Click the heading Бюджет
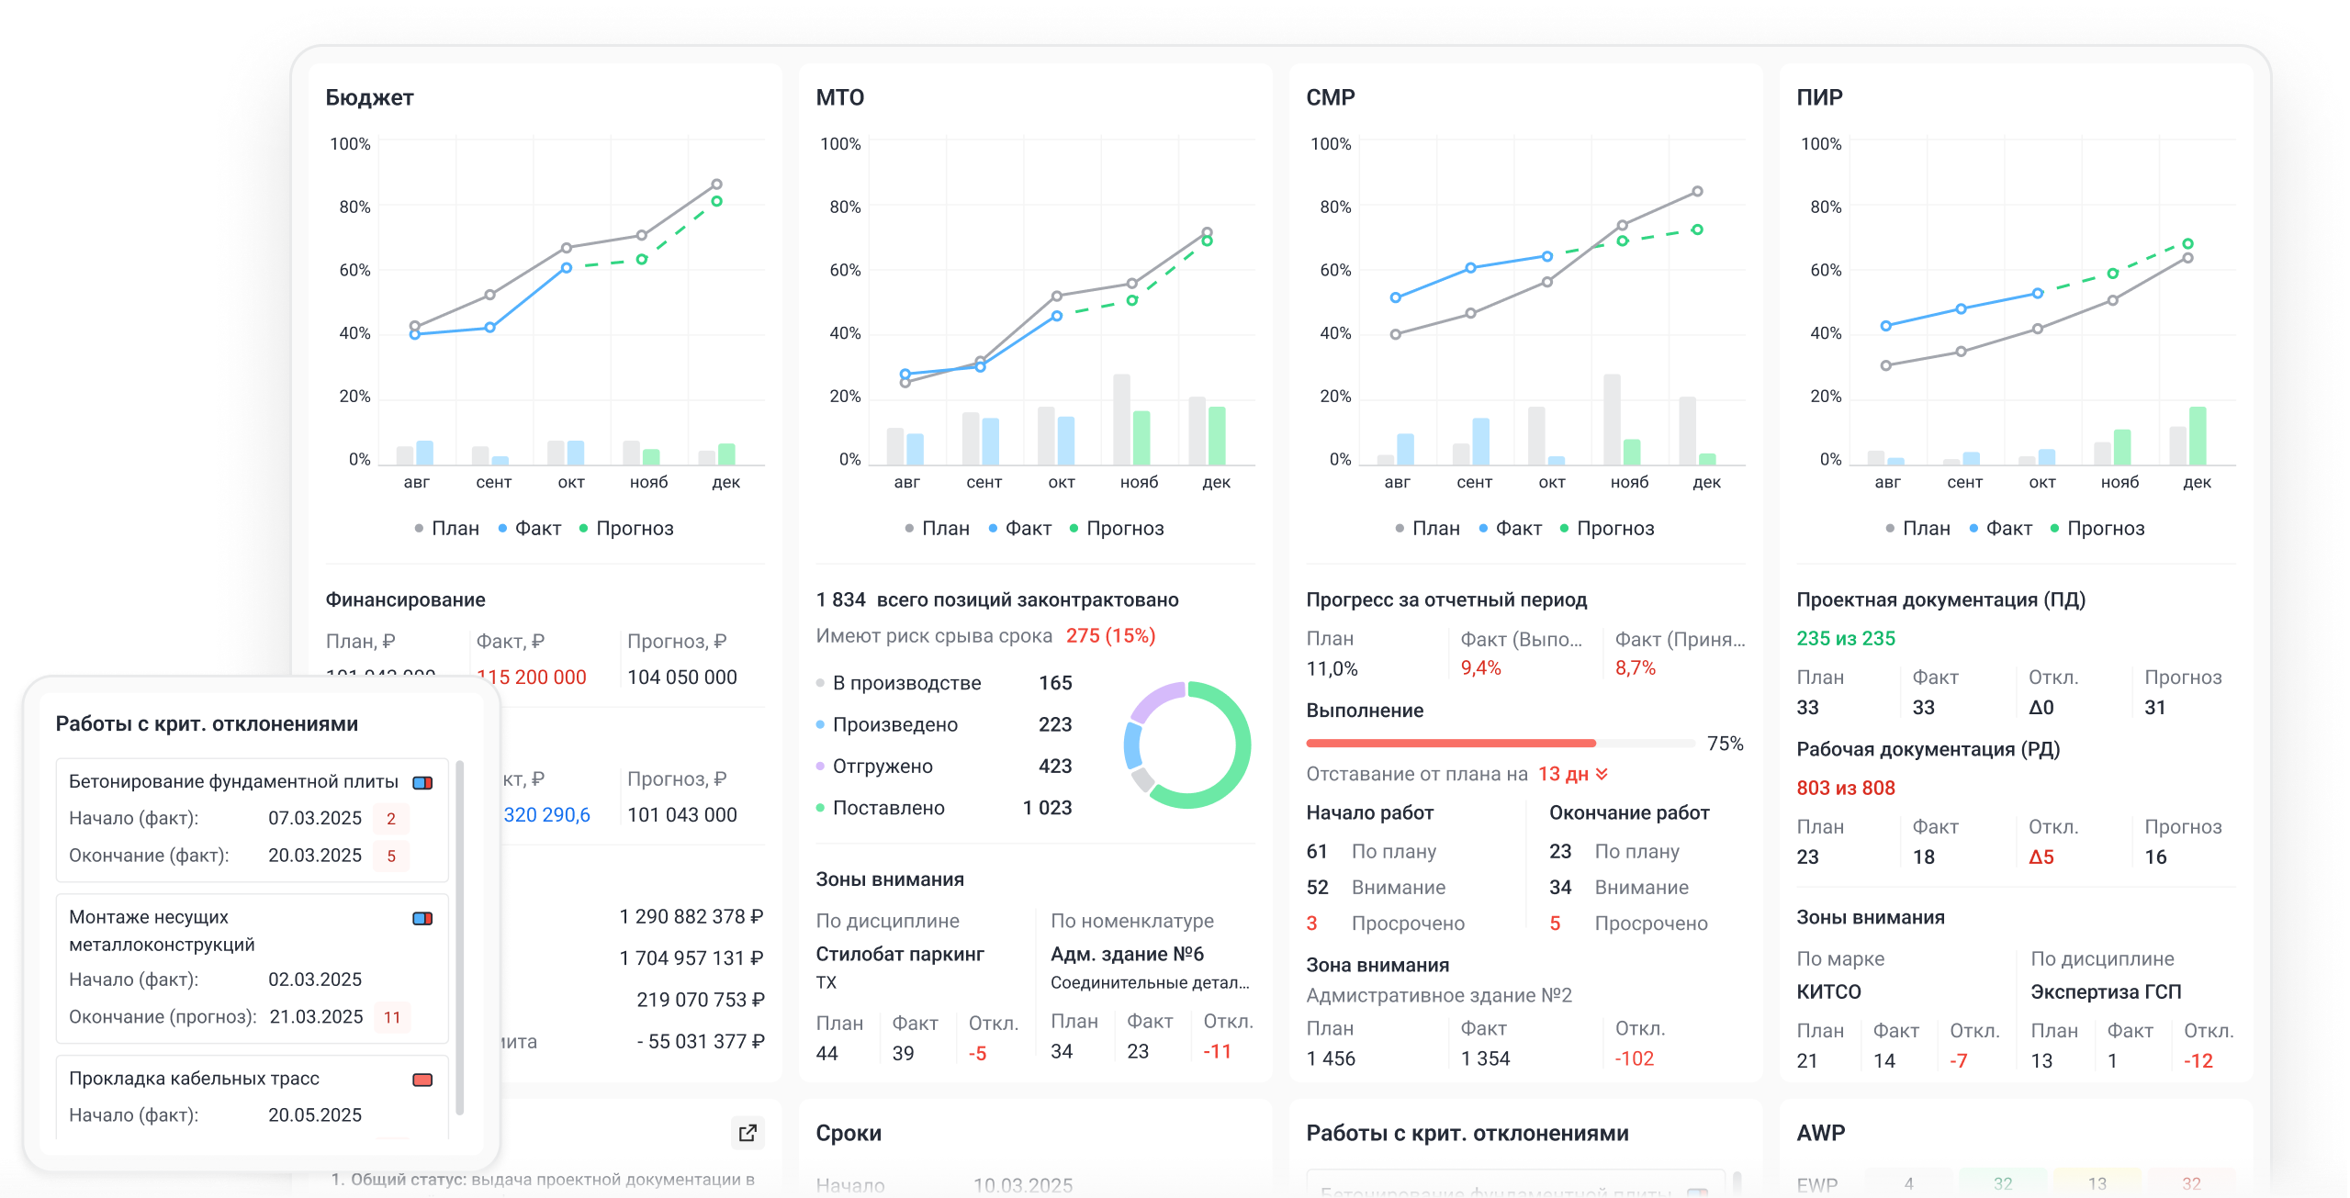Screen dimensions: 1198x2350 [369, 97]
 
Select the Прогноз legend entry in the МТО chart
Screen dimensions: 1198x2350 [1124, 528]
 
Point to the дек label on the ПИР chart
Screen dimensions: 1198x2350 [2197, 482]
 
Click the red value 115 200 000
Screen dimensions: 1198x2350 [532, 677]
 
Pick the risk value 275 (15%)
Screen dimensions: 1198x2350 [1110, 635]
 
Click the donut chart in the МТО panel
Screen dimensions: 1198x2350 [1186, 745]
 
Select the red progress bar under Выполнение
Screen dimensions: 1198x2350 [1451, 743]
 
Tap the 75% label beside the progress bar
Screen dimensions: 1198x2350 [1725, 744]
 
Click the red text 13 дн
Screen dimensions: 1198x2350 [1563, 774]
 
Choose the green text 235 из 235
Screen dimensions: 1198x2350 [1845, 638]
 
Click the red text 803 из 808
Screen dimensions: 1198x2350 [1845, 788]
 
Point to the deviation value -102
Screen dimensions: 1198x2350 [1635, 1058]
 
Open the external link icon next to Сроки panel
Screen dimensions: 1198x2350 [748, 1132]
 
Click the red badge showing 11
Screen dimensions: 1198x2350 [392, 1017]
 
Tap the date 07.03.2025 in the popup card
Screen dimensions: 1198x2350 [315, 818]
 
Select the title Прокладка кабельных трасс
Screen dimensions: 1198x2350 [194, 1079]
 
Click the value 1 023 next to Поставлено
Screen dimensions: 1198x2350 [1047, 808]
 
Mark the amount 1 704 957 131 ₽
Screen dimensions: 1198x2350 [691, 958]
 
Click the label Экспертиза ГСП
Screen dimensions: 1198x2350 [2105, 991]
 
